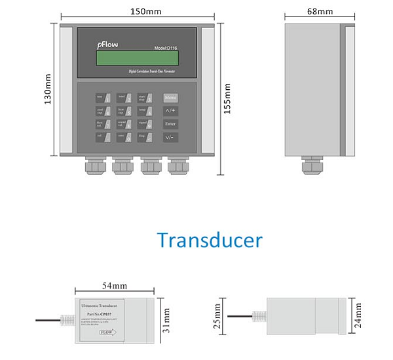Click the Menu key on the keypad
[170, 97]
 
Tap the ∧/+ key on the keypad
[170, 111]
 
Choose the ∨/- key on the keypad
[170, 137]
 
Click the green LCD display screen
[137, 58]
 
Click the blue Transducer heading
[210, 240]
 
